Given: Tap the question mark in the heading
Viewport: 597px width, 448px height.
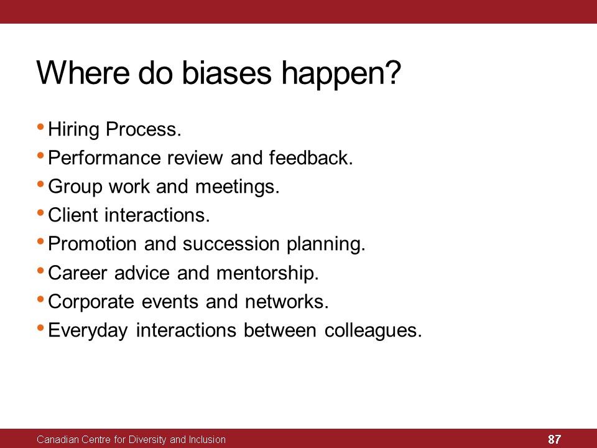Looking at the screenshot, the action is pos(393,72).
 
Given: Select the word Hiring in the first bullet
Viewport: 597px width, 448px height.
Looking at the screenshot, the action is pos(73,130).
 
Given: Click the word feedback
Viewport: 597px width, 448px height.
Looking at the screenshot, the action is pos(311,157).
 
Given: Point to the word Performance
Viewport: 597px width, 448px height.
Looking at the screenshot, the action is pos(104,157).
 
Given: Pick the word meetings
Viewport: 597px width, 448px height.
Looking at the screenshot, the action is pos(238,187).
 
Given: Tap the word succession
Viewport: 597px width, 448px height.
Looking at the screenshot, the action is pos(231,244).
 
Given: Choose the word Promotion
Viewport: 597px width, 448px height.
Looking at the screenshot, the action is pos(92,243).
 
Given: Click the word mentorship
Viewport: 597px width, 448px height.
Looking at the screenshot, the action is pos(267,273).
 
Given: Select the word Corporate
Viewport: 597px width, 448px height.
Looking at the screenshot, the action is pos(91,302).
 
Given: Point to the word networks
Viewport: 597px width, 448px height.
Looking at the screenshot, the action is pos(287,301).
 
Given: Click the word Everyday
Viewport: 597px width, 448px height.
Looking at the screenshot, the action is pos(88,330).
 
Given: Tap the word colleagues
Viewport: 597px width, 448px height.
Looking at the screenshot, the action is pos(373,330).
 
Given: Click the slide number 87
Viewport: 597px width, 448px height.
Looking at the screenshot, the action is pos(554,439).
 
